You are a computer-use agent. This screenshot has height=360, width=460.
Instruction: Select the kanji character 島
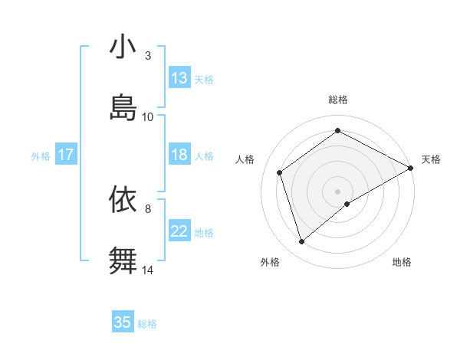[x=123, y=107]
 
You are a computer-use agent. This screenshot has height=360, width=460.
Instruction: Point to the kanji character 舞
[x=123, y=260]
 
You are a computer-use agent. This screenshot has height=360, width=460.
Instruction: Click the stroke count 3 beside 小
[x=148, y=55]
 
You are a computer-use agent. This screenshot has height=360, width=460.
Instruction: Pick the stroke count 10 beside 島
[x=148, y=116]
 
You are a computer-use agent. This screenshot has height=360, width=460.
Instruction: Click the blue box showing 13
[x=179, y=78]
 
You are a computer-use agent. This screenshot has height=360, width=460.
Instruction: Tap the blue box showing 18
[x=179, y=155]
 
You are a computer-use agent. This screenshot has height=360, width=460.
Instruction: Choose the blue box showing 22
[x=179, y=231]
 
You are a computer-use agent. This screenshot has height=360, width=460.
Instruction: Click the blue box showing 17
[x=66, y=155]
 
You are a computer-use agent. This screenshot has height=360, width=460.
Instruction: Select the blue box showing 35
[x=123, y=322]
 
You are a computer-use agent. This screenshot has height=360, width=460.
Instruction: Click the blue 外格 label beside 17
[x=41, y=155]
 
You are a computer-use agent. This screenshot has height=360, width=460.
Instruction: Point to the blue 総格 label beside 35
[x=147, y=323]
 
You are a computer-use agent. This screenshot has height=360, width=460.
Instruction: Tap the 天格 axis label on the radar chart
[x=431, y=159]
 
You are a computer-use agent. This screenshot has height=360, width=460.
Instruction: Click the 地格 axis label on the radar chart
[x=402, y=262]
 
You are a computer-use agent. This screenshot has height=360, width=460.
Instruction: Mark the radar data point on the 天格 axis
[x=411, y=168]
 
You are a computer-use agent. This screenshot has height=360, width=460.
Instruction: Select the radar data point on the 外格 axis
[x=301, y=242]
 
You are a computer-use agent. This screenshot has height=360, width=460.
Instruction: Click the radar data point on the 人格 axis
[x=280, y=172]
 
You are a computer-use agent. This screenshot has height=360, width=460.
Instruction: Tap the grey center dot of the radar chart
[x=338, y=191]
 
